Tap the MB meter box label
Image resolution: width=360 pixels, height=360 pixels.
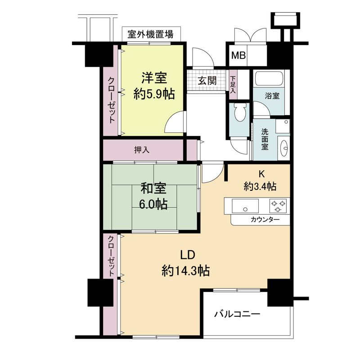tap(238, 56)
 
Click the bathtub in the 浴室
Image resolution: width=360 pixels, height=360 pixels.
tap(268, 80)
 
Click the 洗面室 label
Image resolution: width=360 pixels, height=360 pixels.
tap(265, 139)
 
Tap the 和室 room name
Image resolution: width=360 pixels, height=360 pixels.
tap(154, 188)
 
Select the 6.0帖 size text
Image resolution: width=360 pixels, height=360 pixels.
tap(154, 204)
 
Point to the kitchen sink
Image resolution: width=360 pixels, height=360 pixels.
tap(246, 207)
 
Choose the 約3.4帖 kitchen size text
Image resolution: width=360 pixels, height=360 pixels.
tap(260, 186)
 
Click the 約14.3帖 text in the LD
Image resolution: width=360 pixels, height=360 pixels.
tap(186, 271)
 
